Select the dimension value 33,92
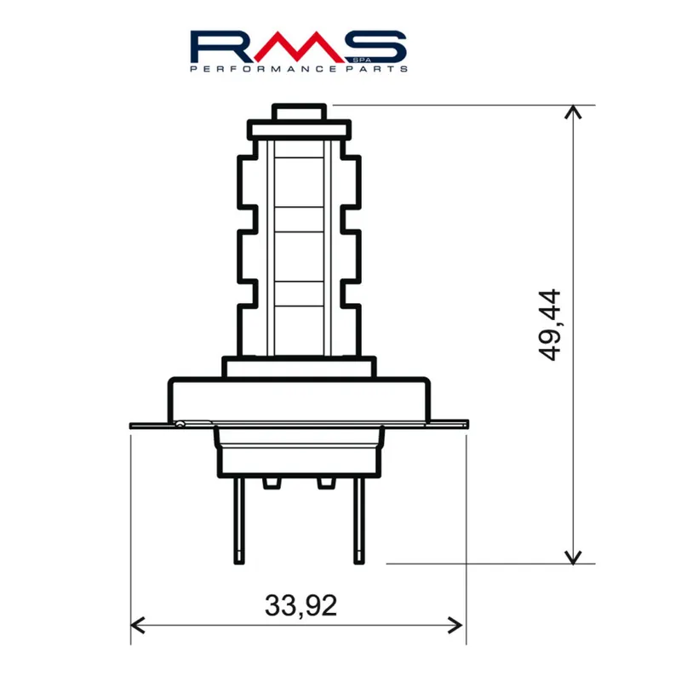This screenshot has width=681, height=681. coord(300,605)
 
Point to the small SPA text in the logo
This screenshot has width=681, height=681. coord(358,59)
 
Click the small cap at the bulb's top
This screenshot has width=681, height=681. coord(299,112)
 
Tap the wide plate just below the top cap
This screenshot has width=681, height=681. coord(299,130)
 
